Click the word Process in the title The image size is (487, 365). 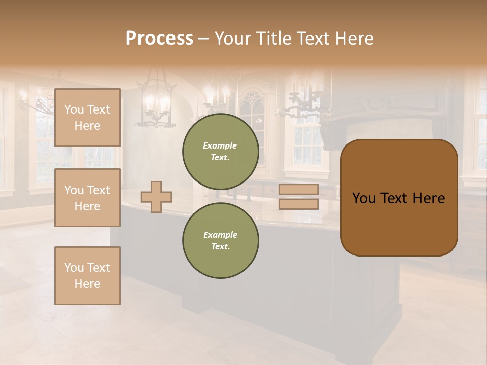tap(159, 39)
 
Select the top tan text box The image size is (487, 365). tap(87, 118)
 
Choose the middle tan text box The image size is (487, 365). tap(87, 198)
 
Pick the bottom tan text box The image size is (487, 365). tap(87, 276)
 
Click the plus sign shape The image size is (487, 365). tap(156, 197)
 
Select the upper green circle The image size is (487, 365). tap(220, 151)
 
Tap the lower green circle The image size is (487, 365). tap(220, 240)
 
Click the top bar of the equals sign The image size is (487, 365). tap(298, 189)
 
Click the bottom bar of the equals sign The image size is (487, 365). tap(298, 204)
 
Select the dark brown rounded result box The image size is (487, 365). tap(399, 198)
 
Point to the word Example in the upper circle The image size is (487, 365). tap(220, 145)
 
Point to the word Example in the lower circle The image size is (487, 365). tap(220, 235)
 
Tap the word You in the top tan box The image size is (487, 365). tap(74, 109)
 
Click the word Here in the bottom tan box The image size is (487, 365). tap(87, 284)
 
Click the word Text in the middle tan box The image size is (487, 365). tap(98, 190)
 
